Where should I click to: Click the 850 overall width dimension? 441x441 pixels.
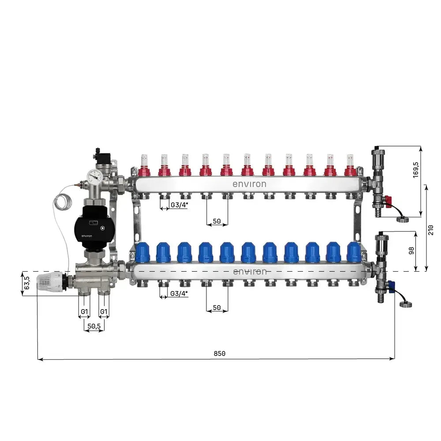[x=219, y=353]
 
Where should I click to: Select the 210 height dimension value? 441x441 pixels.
[x=431, y=230]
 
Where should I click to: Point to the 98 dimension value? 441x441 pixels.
[x=411, y=250]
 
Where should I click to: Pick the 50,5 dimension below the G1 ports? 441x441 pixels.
[x=94, y=326]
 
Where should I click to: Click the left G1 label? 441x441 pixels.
[x=84, y=312]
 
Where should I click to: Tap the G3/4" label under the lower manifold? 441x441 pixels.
[x=179, y=293]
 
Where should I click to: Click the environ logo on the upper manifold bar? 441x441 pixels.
[x=250, y=184]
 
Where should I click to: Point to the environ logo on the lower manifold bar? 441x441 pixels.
[x=250, y=271]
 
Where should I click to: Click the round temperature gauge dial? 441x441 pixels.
[x=94, y=177]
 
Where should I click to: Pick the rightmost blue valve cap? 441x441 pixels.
[x=354, y=252]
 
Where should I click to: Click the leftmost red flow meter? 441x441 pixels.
[x=144, y=166]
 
